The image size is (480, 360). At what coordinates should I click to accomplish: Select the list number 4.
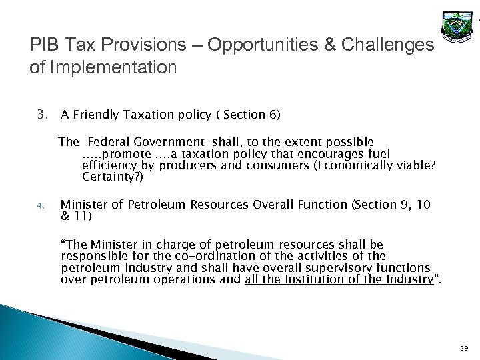coord(40,207)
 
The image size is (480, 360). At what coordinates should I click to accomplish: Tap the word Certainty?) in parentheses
coord(112,178)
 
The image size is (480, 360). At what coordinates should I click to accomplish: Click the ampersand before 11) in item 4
coord(65,217)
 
